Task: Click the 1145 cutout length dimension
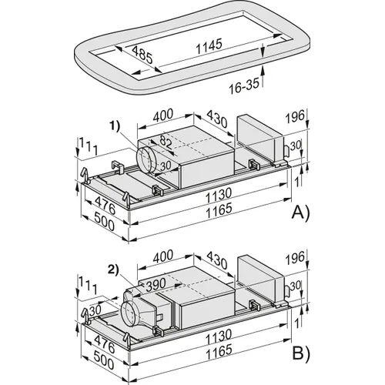pos(209,46)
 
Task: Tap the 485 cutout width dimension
pos(142,55)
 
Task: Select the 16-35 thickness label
pos(244,86)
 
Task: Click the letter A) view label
pos(301,213)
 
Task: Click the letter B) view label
pos(301,353)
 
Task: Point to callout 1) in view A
pos(115,127)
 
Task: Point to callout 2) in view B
pos(114,270)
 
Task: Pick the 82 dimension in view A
pos(166,142)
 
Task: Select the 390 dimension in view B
pos(156,284)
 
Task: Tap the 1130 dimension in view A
pos(219,196)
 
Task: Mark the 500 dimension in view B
pos(104,363)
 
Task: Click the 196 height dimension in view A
pos(295,116)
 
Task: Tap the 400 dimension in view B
pos(163,257)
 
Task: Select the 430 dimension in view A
pos(217,119)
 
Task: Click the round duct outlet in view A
pos(146,160)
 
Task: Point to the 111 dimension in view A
pos(89,146)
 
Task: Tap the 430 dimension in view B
pos(217,261)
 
